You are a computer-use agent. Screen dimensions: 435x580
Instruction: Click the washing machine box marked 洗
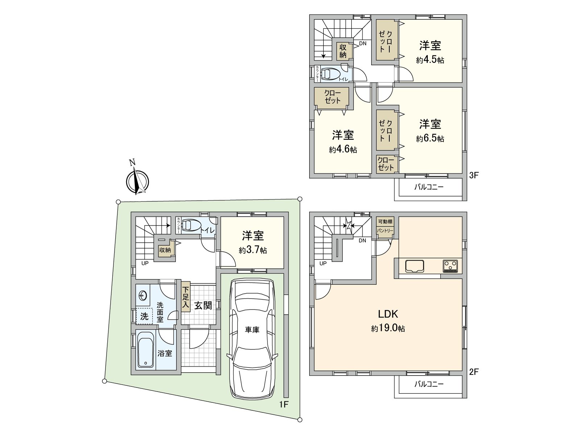(144, 316)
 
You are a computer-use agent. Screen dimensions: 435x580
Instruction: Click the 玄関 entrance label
(203, 305)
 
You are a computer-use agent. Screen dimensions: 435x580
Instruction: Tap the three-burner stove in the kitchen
(450, 266)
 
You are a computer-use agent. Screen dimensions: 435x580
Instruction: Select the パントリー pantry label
(385, 231)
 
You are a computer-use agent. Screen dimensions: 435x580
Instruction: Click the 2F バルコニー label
(429, 384)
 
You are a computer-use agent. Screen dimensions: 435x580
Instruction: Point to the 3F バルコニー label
(429, 187)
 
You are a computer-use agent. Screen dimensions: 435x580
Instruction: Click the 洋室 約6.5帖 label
(430, 130)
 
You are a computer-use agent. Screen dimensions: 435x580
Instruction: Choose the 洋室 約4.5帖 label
(430, 52)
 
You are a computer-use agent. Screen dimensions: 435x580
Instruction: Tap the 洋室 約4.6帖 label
(343, 142)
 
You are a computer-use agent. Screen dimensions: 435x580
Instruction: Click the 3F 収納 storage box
(343, 51)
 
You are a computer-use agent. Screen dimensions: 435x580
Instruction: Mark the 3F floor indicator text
(474, 175)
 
